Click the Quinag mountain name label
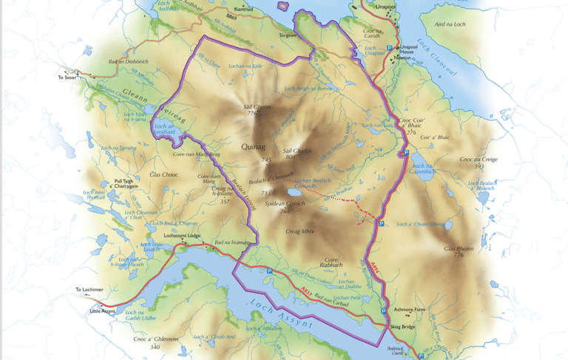click(x=254, y=146)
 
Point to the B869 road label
click(x=231, y=16)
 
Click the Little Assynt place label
click(x=104, y=311)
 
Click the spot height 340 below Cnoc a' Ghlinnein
click(x=155, y=347)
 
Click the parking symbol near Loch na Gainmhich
click(x=405, y=153)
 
